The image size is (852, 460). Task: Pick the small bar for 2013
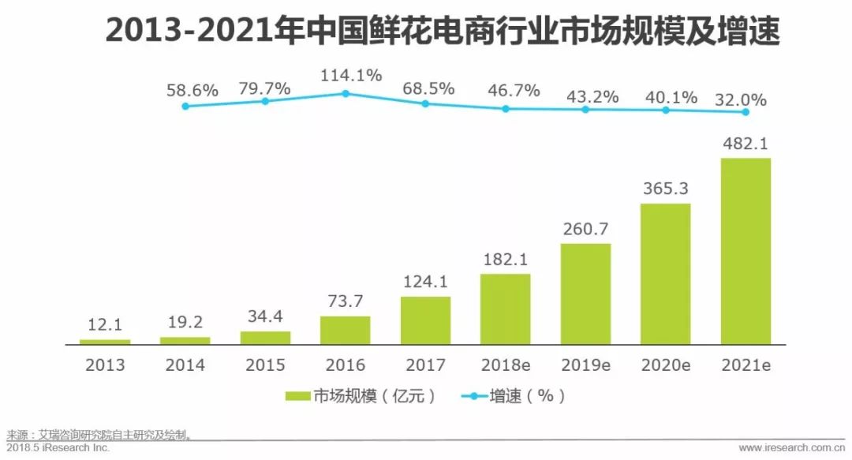[x=105, y=342]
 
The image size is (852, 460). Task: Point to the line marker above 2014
[x=185, y=106]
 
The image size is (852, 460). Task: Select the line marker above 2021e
[x=745, y=112]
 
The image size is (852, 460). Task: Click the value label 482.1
[x=745, y=144]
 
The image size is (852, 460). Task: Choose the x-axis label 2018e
[x=506, y=365]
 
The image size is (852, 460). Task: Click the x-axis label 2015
[x=265, y=365]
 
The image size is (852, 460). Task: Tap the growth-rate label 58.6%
[x=192, y=91]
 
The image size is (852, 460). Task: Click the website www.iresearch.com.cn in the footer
[x=791, y=448]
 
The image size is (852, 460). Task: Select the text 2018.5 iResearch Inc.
[x=58, y=448]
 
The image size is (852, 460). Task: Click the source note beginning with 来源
[x=99, y=435]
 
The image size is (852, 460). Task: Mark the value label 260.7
[x=585, y=230]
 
